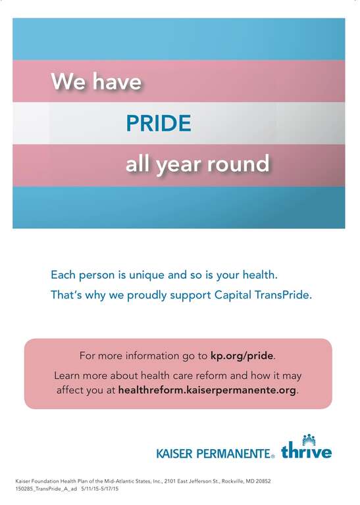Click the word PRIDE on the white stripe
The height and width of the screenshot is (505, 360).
pyautogui.click(x=159, y=123)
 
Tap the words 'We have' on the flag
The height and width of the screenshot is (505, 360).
pyautogui.click(x=96, y=82)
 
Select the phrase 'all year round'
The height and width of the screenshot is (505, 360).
pyautogui.click(x=197, y=164)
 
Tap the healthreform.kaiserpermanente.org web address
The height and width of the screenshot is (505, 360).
pyautogui.click(x=207, y=390)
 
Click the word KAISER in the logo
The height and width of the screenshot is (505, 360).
pyautogui.click(x=178, y=454)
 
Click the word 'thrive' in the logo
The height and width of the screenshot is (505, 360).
pyautogui.click(x=306, y=452)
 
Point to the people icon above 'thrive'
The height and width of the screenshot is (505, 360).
pyautogui.click(x=309, y=439)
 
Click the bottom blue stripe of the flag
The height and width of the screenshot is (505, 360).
pyautogui.click(x=178, y=207)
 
